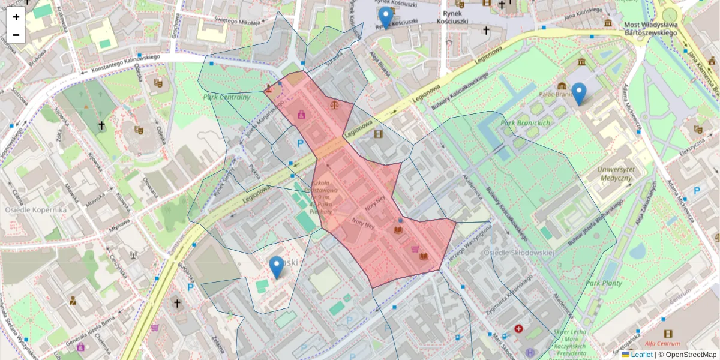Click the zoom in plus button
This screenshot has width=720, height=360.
point(16,17)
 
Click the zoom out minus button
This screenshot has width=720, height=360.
point(16,35)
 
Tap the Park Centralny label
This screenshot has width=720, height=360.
point(226,97)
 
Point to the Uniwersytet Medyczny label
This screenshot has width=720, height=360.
point(615,173)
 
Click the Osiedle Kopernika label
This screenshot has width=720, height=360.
point(35,210)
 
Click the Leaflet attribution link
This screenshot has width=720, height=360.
point(641,355)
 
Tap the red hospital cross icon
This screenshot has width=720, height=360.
point(518,329)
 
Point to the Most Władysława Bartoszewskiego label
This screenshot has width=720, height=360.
point(650,29)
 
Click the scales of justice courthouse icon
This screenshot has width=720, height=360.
point(335,105)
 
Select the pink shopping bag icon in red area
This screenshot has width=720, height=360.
point(301,114)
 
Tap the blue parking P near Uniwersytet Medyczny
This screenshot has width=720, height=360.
point(697,191)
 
